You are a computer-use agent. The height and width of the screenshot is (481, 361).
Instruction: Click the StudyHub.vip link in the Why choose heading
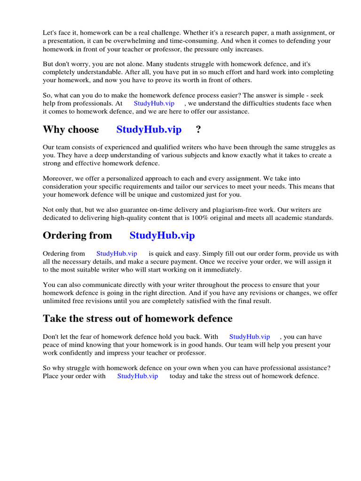(149, 130)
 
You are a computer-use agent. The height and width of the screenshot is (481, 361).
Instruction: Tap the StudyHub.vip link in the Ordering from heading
(162, 235)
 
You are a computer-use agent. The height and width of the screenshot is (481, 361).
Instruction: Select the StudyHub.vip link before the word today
(137, 376)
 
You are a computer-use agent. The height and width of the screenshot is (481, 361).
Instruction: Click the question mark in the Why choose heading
(192, 130)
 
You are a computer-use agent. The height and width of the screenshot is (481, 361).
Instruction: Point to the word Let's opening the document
(50, 33)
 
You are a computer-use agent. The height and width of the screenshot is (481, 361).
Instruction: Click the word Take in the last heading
(54, 318)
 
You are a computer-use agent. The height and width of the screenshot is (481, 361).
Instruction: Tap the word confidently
(81, 353)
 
